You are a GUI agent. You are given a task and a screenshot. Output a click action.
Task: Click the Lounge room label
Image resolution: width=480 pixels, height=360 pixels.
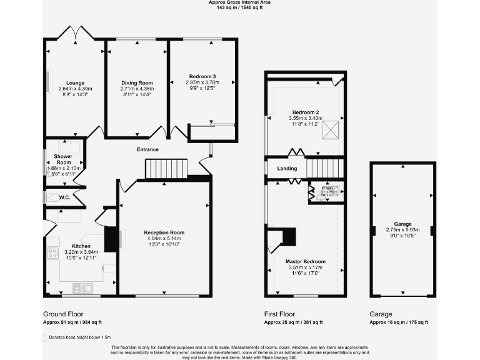click(75, 82)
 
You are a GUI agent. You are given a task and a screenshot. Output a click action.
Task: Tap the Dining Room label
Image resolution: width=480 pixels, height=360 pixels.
click(137, 82)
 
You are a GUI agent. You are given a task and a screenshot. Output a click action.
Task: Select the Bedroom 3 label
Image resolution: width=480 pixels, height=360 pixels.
click(201, 76)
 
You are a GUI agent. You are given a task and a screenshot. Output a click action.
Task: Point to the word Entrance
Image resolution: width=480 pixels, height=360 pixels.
click(148, 149)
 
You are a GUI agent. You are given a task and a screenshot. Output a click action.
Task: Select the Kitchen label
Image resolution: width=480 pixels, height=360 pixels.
click(81, 246)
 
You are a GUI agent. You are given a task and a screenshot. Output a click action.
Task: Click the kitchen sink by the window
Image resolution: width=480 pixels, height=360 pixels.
click(82, 287)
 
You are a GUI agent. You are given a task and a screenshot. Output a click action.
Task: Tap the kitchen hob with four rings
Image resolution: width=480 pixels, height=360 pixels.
click(52, 253)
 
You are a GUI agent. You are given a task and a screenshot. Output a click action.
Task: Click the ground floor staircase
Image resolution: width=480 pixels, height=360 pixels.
click(166, 168)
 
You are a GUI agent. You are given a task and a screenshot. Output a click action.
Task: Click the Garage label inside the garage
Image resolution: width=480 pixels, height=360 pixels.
click(402, 224)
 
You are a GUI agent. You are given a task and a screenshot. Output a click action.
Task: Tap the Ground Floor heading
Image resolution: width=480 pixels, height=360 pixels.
click(63, 314)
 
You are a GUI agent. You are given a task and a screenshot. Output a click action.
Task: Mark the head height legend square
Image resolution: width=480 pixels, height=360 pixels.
click(45, 337)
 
